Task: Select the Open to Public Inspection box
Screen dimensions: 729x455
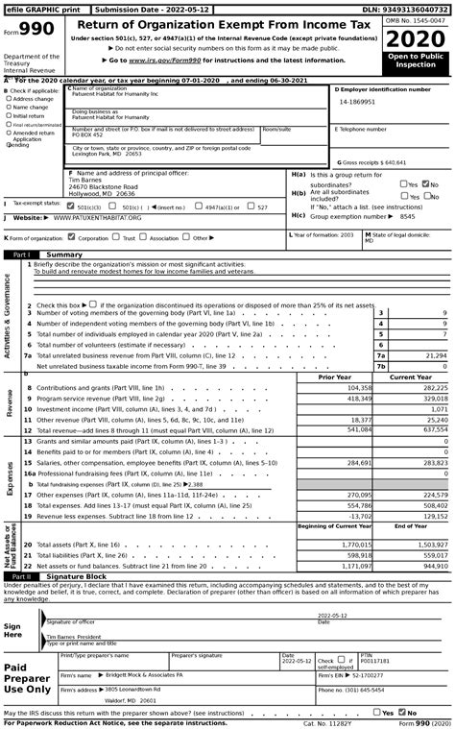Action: click(417, 63)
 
